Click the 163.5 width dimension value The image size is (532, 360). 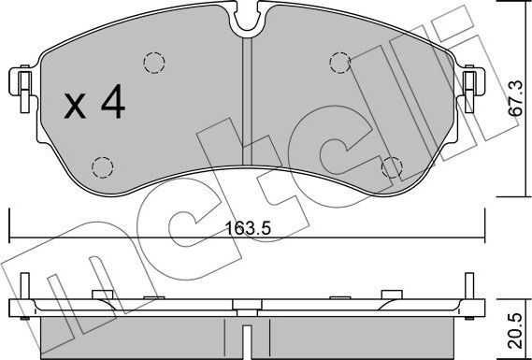248,228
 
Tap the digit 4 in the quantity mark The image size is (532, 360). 113,101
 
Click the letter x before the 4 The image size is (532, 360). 75,106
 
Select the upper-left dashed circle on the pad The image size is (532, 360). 154,63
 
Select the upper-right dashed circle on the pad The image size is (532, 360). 340,63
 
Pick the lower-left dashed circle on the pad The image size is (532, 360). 103,167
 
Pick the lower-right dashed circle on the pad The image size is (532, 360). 392,167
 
